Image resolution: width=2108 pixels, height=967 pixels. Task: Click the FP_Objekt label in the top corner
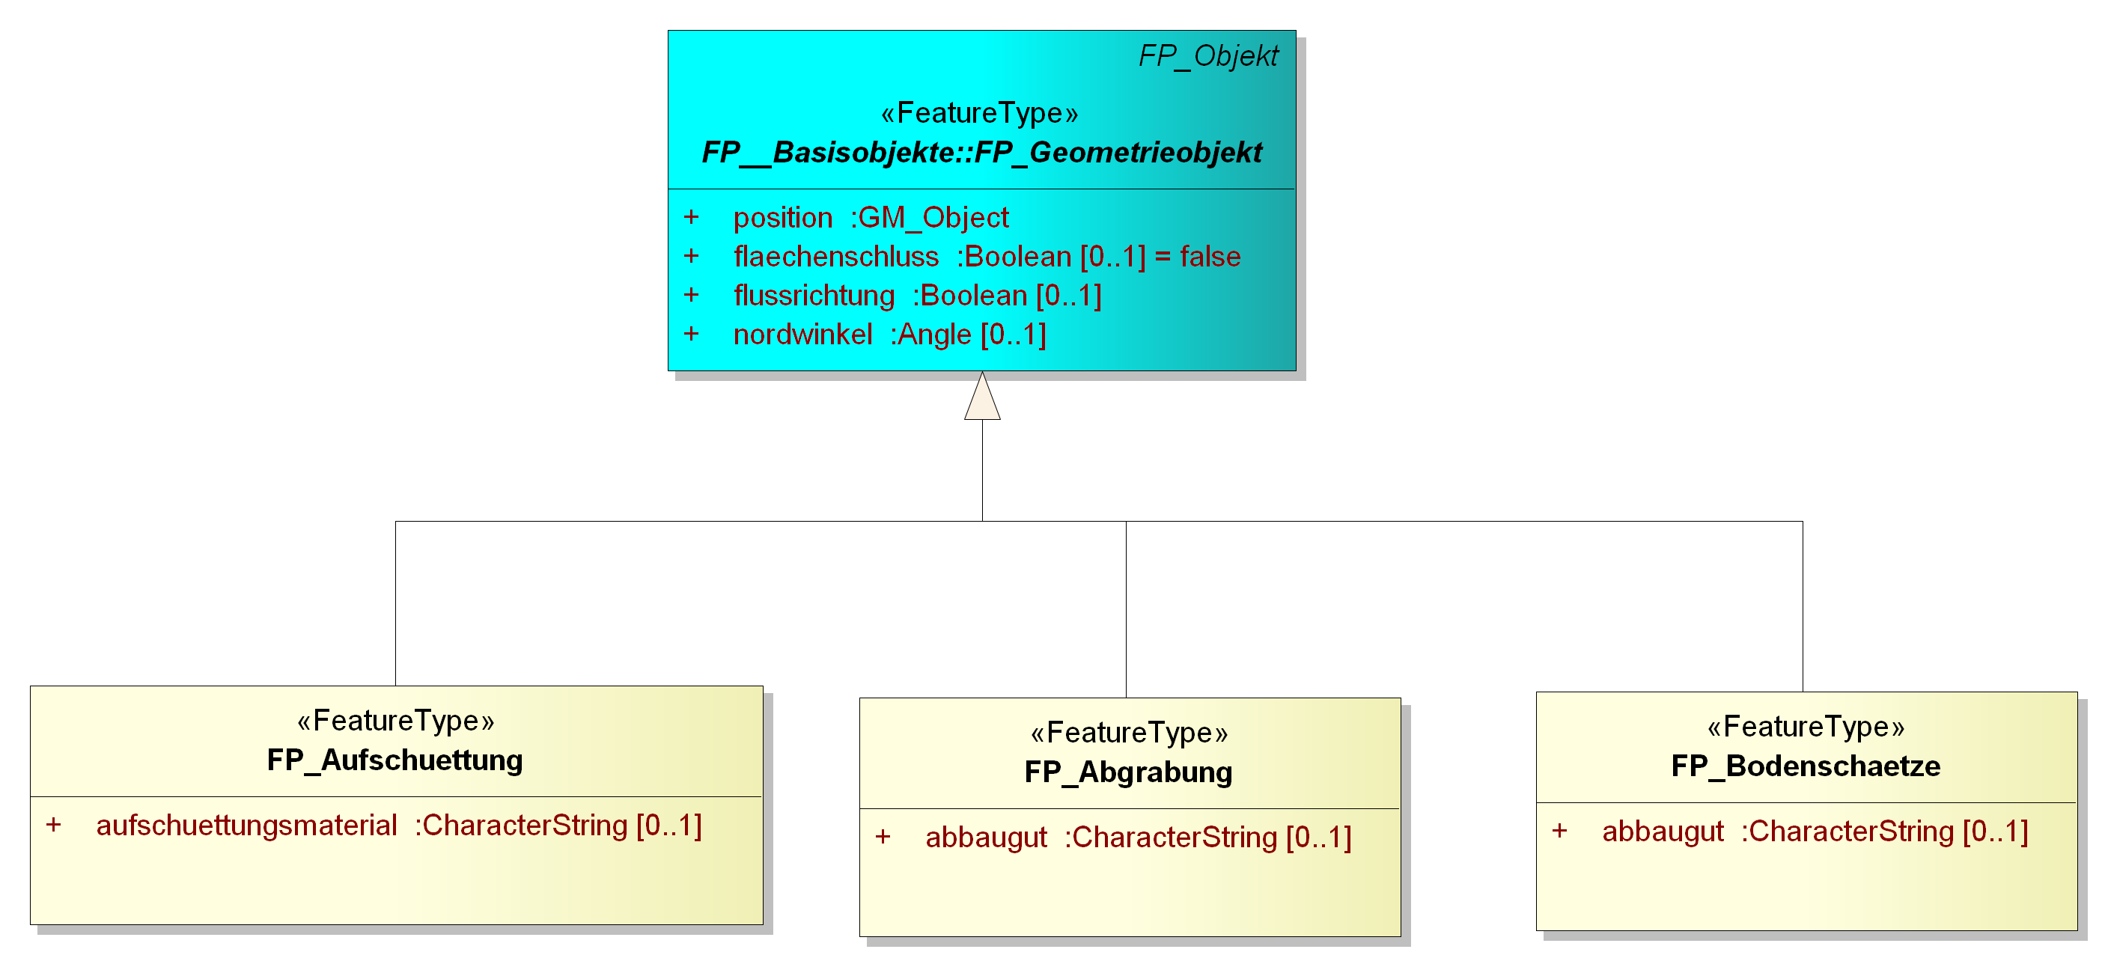coord(1208,55)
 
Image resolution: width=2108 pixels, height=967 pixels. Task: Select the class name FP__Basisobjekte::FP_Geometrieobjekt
coord(982,152)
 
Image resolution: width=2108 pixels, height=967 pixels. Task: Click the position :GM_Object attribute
coord(871,218)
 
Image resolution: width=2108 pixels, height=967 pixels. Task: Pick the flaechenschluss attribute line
coord(987,257)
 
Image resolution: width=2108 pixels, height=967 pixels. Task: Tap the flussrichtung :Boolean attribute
coord(917,296)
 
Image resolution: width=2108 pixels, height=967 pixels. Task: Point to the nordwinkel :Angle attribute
coord(889,335)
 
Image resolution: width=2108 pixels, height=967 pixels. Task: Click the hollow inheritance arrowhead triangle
coord(982,396)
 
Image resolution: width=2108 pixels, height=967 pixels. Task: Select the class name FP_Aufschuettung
coord(395,760)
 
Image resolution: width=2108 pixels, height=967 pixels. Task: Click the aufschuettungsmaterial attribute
coord(398,826)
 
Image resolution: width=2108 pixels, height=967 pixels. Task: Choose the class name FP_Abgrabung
coord(1128,772)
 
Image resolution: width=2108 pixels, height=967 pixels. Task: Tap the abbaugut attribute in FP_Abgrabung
coord(1139,838)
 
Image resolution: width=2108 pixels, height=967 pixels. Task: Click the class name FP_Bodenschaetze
coord(1806,766)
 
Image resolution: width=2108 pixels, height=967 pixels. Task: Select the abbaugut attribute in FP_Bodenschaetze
coord(1815,832)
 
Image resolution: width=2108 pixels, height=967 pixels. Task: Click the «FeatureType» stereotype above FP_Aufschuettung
coord(396,721)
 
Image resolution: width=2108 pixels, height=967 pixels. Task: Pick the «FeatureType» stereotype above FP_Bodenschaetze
coord(1806,727)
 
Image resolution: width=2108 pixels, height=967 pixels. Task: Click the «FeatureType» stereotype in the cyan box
coord(980,113)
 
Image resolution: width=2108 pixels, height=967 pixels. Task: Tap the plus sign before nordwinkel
coord(692,334)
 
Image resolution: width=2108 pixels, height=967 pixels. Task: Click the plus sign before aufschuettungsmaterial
coord(53,825)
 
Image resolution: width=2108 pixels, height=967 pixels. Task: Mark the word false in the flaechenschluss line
coord(1210,257)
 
